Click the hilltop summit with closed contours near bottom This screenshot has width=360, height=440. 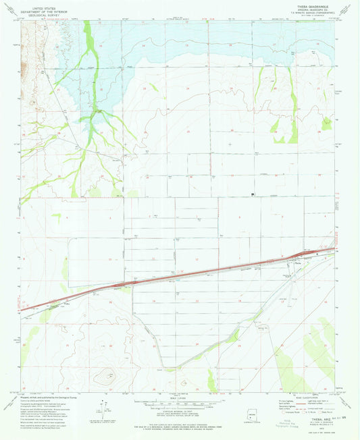106,373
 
